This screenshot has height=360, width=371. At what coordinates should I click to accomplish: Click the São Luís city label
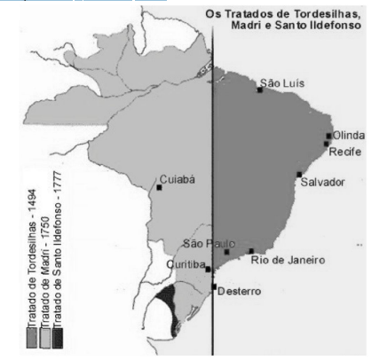point(282,82)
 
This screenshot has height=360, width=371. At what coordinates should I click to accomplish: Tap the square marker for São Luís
point(260,90)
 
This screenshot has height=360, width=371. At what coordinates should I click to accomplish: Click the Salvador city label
point(321,182)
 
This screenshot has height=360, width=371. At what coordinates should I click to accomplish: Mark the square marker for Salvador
point(300,174)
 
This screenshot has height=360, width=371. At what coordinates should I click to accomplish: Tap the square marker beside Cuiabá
point(159,187)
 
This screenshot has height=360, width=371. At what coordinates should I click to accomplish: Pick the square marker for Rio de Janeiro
point(251,251)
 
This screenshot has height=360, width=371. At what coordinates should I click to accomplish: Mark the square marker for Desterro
point(213,286)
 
